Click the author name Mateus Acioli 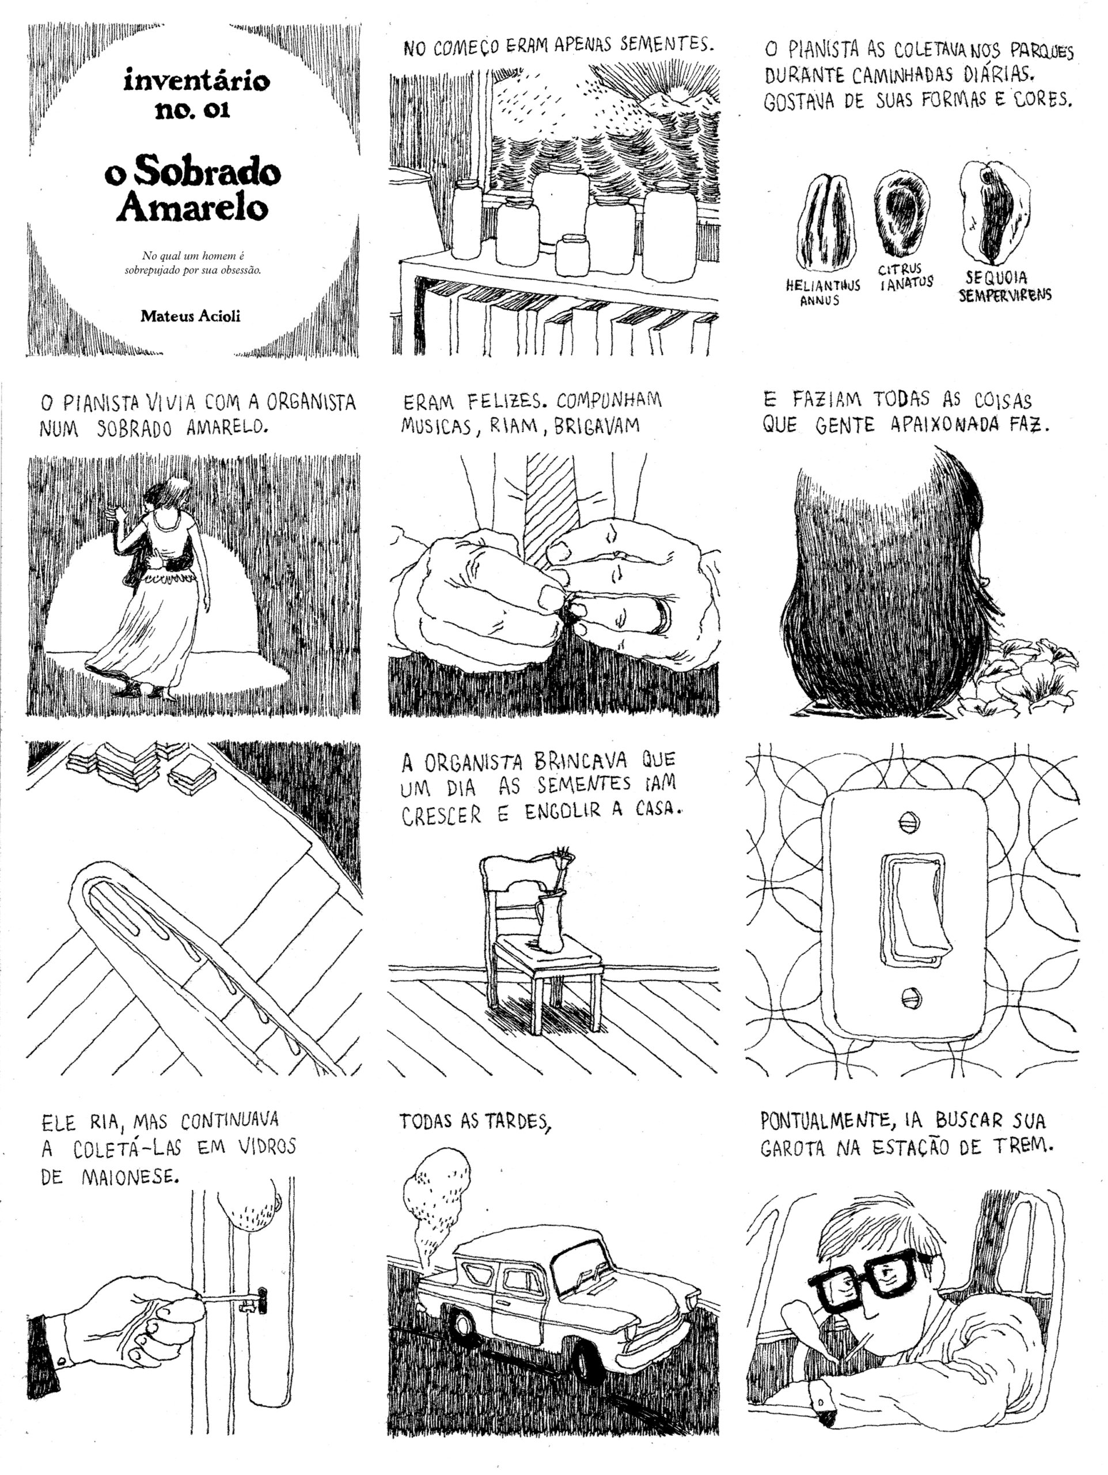[190, 316]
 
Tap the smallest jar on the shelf [572, 255]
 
